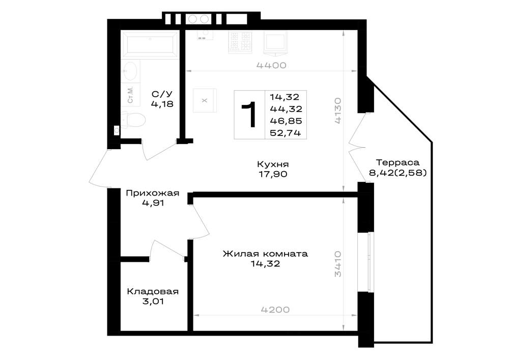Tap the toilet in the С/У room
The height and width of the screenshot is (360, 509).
133,120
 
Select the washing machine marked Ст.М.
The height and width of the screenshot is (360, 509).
130,95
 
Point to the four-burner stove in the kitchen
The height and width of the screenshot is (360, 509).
241,42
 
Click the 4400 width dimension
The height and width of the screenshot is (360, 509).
271,65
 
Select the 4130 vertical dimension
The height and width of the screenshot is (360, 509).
338,110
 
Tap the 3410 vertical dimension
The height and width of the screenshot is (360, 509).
338,263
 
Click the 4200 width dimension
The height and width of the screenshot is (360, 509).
275,310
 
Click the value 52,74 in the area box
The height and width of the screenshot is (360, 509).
286,133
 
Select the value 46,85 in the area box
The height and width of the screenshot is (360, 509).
286,121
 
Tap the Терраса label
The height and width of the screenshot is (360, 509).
398,162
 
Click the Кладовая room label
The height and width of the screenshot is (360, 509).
153,291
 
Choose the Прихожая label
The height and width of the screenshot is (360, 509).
153,193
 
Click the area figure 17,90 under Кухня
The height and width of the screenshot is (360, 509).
273,174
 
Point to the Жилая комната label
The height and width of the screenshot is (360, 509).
265,254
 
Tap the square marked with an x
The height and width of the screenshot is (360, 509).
205,101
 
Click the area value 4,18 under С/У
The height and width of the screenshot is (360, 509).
162,104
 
